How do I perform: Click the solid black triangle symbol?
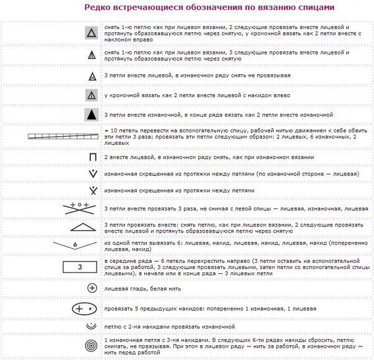tap(92, 116)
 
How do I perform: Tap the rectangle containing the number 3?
tap(79, 267)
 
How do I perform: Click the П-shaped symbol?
tap(92, 157)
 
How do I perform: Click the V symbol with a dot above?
tap(92, 174)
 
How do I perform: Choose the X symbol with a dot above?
tap(92, 190)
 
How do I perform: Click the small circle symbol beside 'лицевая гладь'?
tap(92, 288)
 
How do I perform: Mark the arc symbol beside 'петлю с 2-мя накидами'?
tap(92, 325)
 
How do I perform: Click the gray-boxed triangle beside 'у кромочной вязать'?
tap(92, 95)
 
